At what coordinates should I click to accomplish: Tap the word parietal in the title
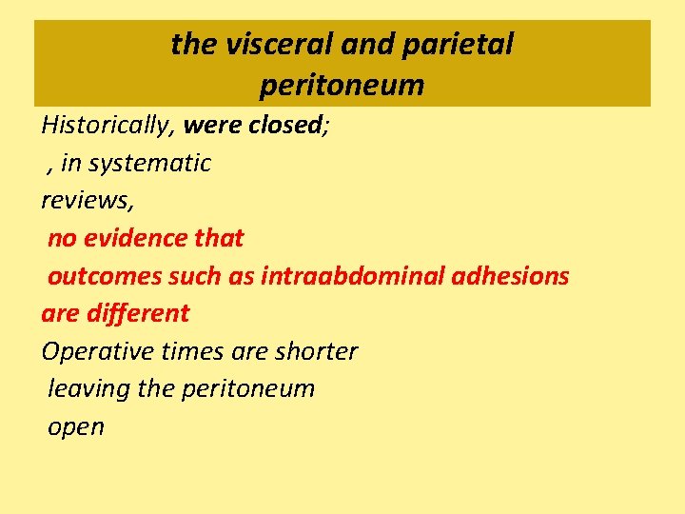pyautogui.click(x=462, y=44)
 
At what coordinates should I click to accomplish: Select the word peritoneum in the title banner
pyautogui.click(x=342, y=86)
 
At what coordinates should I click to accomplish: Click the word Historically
pyautogui.click(x=107, y=126)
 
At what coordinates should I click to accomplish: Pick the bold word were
pyautogui.click(x=213, y=125)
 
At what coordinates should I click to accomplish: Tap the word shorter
pyautogui.click(x=316, y=351)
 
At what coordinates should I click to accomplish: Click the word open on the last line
pyautogui.click(x=76, y=426)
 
